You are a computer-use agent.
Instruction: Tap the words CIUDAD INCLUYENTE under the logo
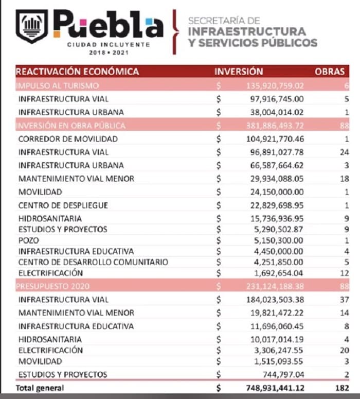109,45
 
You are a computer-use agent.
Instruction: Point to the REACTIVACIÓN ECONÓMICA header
78,72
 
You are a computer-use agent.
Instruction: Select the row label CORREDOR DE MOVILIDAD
68,139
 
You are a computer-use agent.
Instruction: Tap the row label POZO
28,240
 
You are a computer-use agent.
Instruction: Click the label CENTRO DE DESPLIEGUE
63,205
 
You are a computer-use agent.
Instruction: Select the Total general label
41,388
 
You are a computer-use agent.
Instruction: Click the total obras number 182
341,388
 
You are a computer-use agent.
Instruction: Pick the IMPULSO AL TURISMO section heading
57,85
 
